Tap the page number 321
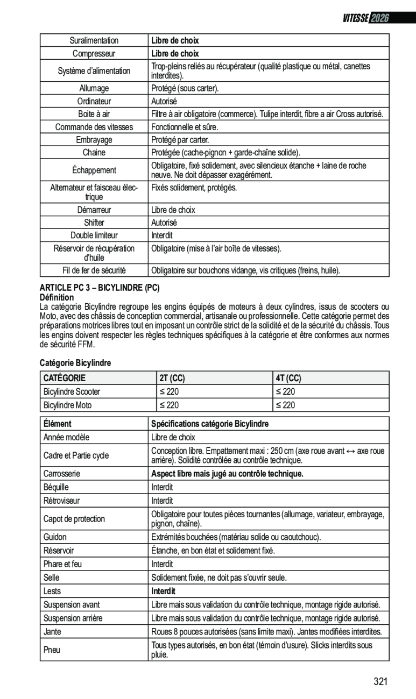380,682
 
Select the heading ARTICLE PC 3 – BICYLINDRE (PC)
101,288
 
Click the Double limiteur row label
94,236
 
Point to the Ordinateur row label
94,101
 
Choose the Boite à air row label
94,114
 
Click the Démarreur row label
94,210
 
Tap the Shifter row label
94,223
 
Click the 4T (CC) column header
289,378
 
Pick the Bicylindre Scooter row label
72,391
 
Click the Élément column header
58,424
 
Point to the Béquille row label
56,487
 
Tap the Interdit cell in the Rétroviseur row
162,501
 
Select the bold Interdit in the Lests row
163,591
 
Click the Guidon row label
54,537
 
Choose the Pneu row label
52,650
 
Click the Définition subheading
58,297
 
